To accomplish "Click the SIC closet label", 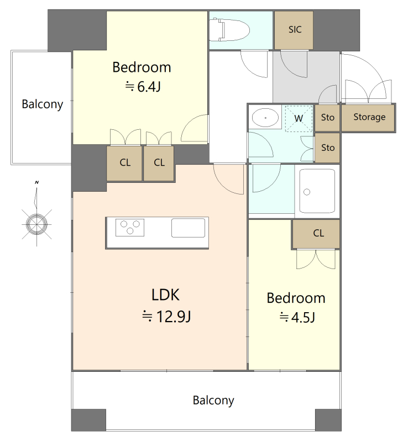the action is pyautogui.click(x=295, y=29).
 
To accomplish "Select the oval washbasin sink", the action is pyautogui.click(x=265, y=117).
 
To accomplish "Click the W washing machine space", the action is pyautogui.click(x=299, y=118).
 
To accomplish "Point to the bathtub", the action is pyautogui.click(x=317, y=191).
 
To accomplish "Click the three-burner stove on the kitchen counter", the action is pyautogui.click(x=130, y=228).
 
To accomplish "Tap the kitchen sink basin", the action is pyautogui.click(x=188, y=228).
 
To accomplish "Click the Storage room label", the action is pyautogui.click(x=369, y=117).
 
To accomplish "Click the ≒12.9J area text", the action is pyautogui.click(x=166, y=316).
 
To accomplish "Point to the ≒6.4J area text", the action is pyautogui.click(x=143, y=86).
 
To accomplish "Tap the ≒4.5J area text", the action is pyautogui.click(x=297, y=317).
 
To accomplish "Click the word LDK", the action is pyautogui.click(x=166, y=295).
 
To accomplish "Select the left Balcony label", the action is pyautogui.click(x=43, y=104).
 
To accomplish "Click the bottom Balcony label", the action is pyautogui.click(x=213, y=400).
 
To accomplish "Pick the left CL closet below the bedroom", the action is pyautogui.click(x=124, y=163).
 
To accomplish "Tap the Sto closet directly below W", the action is pyautogui.click(x=327, y=148).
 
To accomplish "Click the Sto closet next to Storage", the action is pyautogui.click(x=327, y=118).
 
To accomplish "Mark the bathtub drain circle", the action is pyautogui.click(x=307, y=192).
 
